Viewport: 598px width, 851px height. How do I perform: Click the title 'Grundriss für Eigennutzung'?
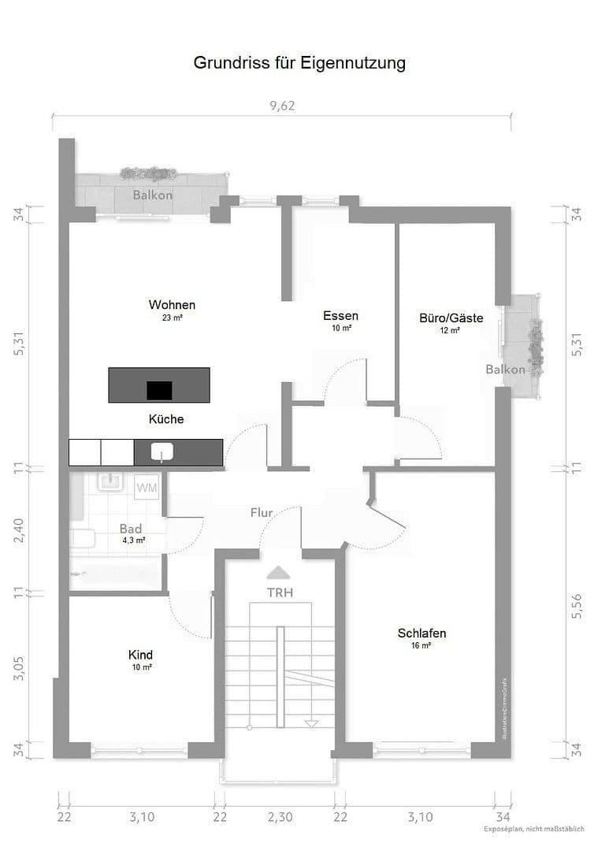coord(299,63)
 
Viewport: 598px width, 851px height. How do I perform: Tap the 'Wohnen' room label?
coord(172,305)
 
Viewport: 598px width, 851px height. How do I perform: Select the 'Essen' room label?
coord(340,316)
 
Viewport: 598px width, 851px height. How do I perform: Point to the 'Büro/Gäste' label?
coord(451,318)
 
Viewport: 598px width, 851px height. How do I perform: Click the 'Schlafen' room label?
coord(422,633)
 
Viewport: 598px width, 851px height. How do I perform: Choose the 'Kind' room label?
coord(140,655)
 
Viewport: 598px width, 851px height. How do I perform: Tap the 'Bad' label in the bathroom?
coord(132,529)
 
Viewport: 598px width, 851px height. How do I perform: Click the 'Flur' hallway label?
coord(262,513)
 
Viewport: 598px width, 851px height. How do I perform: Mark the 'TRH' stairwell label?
coord(280,593)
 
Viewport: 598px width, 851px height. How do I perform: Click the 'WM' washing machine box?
coord(147,488)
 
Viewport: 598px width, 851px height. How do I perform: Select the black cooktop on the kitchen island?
coord(159,389)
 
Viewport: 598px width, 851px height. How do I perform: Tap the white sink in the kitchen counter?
coord(162,452)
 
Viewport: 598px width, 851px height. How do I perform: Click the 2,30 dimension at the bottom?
coord(280,816)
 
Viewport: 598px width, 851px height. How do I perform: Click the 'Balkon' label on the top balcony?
coord(152,195)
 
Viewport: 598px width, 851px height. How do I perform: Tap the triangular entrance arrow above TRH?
coord(280,573)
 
